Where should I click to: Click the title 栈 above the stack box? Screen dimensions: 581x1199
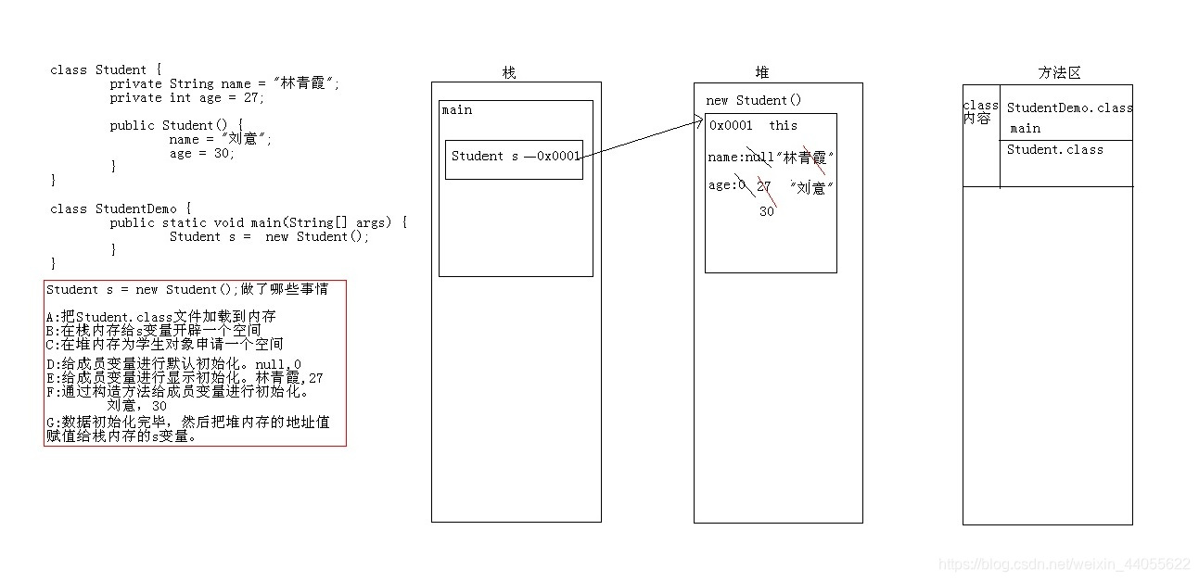pyautogui.click(x=508, y=72)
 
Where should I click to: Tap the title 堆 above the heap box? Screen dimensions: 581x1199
pyautogui.click(x=762, y=72)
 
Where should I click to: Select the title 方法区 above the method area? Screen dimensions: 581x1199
pyautogui.click(x=1059, y=72)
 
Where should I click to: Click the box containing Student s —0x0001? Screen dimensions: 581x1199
pyautogui.click(x=514, y=159)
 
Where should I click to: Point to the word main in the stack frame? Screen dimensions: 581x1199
pyautogui.click(x=457, y=110)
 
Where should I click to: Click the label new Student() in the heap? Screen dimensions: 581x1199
pyautogui.click(x=753, y=100)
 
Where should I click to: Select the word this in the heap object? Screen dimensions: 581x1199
pyautogui.click(x=783, y=125)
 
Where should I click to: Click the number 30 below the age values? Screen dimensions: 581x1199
pyautogui.click(x=766, y=211)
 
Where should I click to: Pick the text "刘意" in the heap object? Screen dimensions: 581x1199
pyautogui.click(x=812, y=187)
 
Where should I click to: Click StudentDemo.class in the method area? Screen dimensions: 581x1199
pyautogui.click(x=1069, y=107)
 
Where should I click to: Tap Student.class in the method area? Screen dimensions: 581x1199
pyautogui.click(x=1055, y=149)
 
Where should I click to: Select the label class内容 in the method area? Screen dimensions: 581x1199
pyautogui.click(x=979, y=112)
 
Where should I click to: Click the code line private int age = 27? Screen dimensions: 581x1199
pyautogui.click(x=186, y=97)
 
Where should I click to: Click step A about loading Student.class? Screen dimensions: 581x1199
pyautogui.click(x=160, y=316)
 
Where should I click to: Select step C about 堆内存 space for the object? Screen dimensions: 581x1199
pyautogui.click(x=164, y=344)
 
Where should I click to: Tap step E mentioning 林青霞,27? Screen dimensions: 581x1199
pyautogui.click(x=184, y=378)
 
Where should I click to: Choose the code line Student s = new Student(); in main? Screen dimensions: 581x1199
pyautogui.click(x=269, y=236)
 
